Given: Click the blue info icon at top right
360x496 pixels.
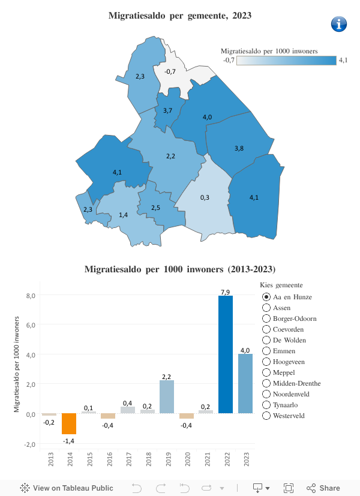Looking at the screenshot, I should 340,24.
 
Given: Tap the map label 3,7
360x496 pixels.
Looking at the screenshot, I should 167,110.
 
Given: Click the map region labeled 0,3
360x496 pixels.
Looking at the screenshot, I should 205,197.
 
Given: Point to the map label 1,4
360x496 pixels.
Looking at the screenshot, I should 123,215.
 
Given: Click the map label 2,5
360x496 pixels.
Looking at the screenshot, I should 155,208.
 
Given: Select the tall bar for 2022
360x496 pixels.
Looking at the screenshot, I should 225,354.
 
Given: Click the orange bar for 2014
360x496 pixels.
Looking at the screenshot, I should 69,423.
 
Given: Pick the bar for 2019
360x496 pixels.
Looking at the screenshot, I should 167,396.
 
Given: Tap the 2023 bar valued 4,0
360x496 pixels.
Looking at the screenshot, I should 245,383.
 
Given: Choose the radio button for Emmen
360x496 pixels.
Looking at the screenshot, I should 266,351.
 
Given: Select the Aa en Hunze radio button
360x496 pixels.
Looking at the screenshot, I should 266,297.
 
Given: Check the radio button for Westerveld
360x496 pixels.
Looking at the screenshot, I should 266,416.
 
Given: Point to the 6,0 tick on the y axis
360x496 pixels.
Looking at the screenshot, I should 31,325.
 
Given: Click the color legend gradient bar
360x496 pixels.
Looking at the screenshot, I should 286,60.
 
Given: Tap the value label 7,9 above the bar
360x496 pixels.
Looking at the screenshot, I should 225,291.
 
